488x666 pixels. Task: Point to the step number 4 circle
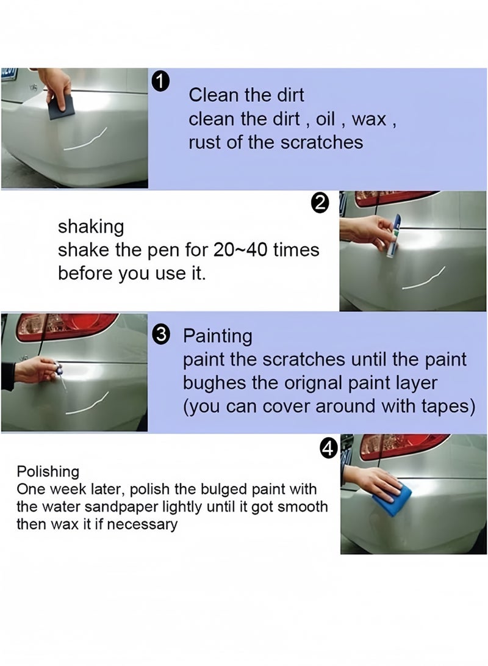[328, 449]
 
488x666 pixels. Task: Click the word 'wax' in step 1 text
[370, 119]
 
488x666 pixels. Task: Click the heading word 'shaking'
[90, 226]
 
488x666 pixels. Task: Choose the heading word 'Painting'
[218, 335]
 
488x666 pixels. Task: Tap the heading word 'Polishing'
[48, 471]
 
